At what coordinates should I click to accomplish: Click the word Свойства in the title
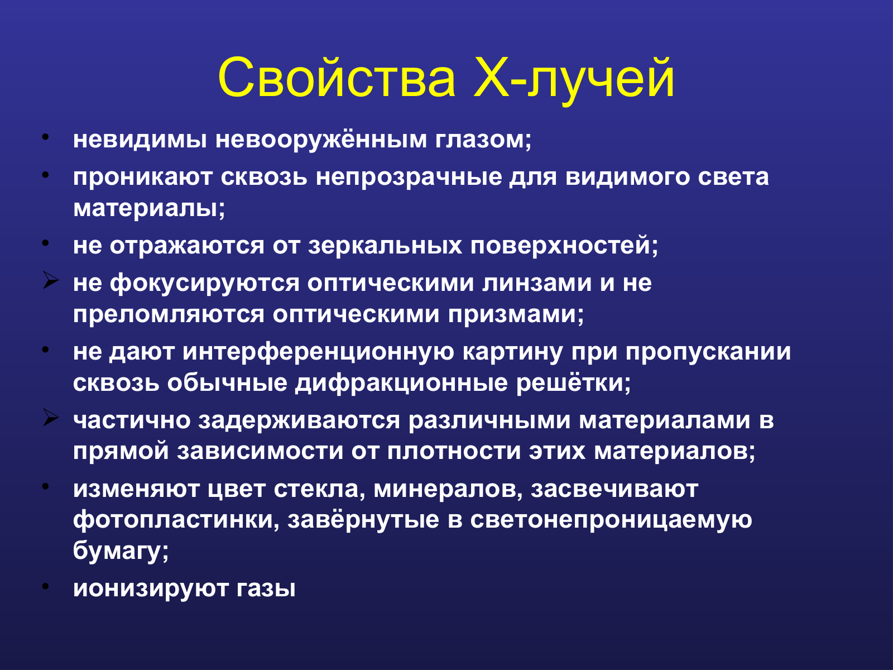pos(337,78)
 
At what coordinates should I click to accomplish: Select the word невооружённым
pos(320,140)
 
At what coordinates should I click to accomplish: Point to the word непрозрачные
pos(409,178)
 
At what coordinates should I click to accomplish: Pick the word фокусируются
pos(205,283)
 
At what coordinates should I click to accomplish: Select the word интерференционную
pos(318,352)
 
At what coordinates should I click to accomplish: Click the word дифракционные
pos(401,384)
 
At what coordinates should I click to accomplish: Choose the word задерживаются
pos(299,420)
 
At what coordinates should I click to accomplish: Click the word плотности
pos(454,452)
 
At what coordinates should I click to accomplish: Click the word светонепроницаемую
pos(611,520)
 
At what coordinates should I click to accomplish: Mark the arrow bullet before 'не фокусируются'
pos(50,280)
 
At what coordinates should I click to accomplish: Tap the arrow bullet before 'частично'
pos(50,418)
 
